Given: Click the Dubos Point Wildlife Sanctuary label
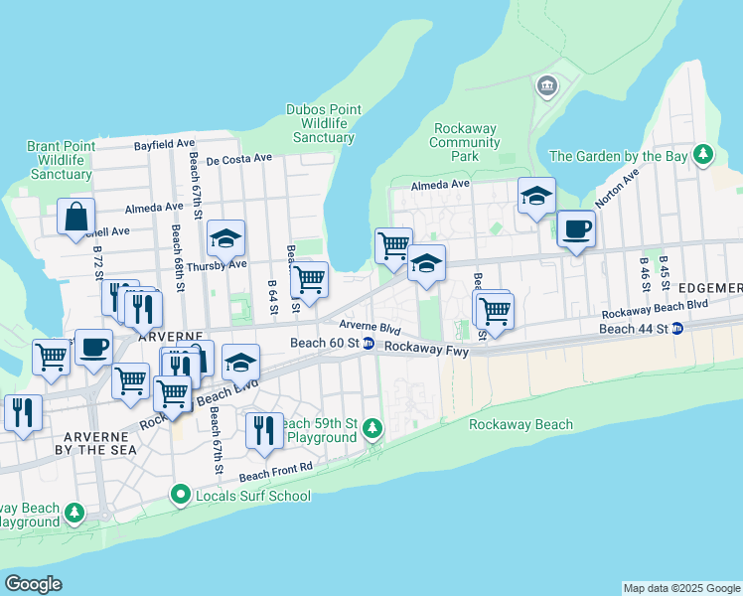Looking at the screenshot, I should tap(320, 123).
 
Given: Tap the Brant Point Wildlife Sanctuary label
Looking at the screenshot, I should tap(62, 160).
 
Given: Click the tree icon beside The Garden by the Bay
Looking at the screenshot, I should tap(704, 155).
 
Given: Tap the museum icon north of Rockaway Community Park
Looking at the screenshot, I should tap(546, 87).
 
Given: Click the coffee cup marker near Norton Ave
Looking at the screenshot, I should tap(575, 229).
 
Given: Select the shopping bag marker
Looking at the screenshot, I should tap(75, 217).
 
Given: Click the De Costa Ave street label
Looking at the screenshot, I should tap(238, 158).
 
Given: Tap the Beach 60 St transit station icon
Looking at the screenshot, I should tap(368, 344).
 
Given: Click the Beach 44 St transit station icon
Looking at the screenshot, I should tap(676, 329).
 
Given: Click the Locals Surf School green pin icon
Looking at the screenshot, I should tap(180, 494).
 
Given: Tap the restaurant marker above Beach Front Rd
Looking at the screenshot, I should tap(264, 429).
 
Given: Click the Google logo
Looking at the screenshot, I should tap(33, 584).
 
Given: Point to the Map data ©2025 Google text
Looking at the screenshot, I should tap(680, 588).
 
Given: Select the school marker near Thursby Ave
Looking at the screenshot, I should tap(225, 238).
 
